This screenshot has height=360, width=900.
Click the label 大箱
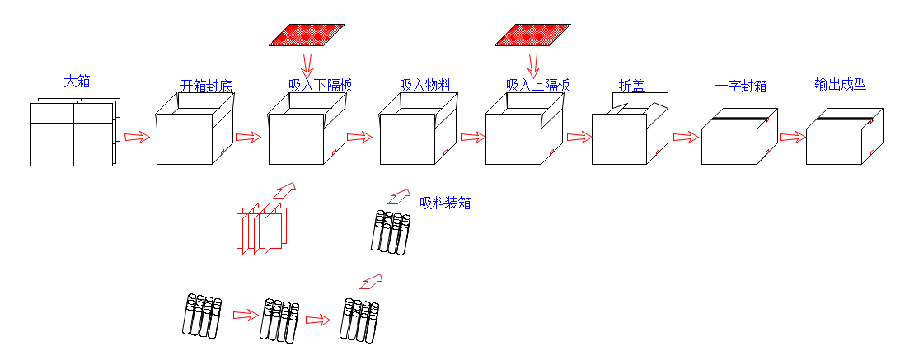[x=77, y=82]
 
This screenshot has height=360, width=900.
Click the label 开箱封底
[x=206, y=86]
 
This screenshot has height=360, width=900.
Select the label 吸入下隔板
[x=321, y=85]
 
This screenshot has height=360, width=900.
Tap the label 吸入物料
[x=425, y=85]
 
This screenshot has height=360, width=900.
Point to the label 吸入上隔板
[x=537, y=85]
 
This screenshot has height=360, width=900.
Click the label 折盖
[x=631, y=85]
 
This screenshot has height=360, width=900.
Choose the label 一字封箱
[x=741, y=85]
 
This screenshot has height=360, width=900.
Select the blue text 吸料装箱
[x=445, y=203]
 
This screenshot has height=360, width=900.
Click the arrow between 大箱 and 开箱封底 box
[x=138, y=137]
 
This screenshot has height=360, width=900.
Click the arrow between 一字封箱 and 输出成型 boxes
[x=792, y=137]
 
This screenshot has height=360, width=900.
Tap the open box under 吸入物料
[x=417, y=132]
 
